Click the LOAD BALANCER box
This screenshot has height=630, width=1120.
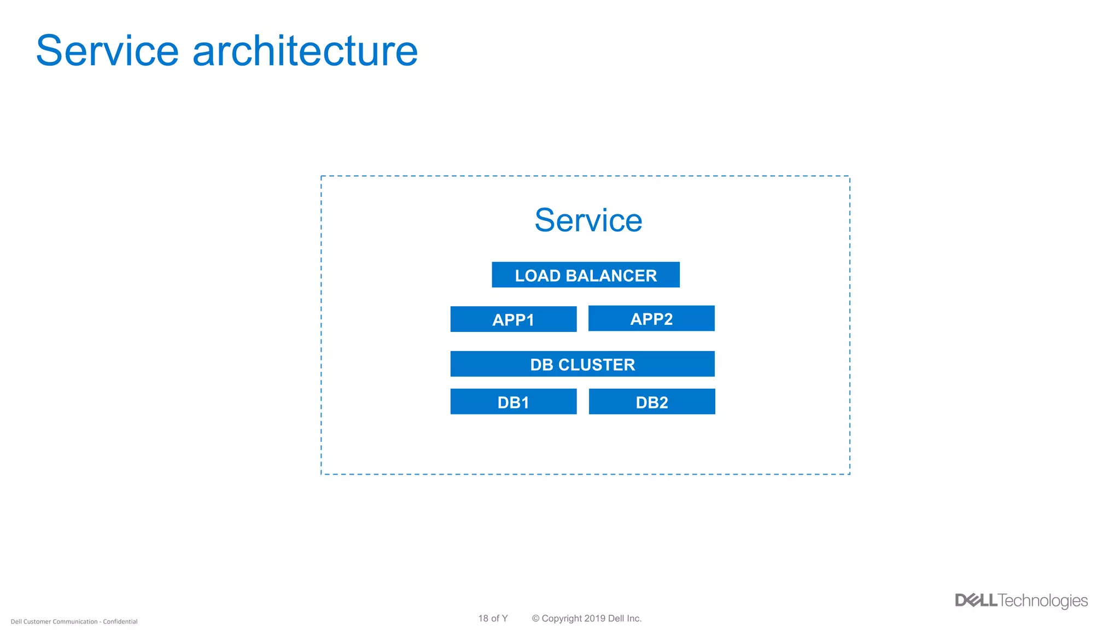point(585,275)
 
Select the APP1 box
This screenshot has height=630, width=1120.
point(513,319)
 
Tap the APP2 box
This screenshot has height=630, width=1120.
point(651,318)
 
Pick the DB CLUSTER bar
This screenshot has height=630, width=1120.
point(582,364)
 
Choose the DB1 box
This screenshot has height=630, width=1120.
point(513,402)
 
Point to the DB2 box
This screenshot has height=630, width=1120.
point(651,402)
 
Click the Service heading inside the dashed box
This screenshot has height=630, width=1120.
point(588,220)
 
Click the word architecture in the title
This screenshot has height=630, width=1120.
point(305,51)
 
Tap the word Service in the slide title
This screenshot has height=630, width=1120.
point(107,51)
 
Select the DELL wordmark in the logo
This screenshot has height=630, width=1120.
point(976,600)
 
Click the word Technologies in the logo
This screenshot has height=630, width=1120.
point(1043,601)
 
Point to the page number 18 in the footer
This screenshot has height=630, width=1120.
point(483,619)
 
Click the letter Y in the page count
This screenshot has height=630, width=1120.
point(505,619)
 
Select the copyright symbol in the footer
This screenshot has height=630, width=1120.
point(535,619)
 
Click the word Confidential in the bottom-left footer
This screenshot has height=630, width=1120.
point(120,622)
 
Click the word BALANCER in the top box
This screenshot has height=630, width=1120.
point(611,276)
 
